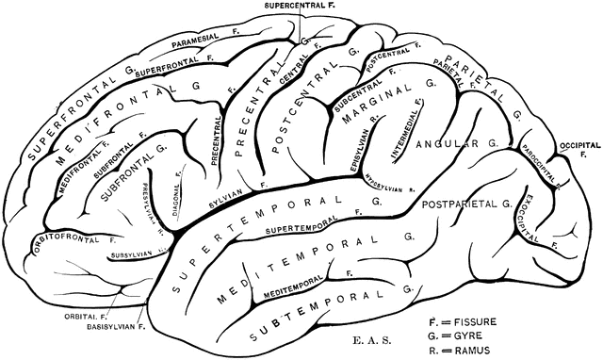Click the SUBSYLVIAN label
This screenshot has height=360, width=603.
(x=131, y=252)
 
